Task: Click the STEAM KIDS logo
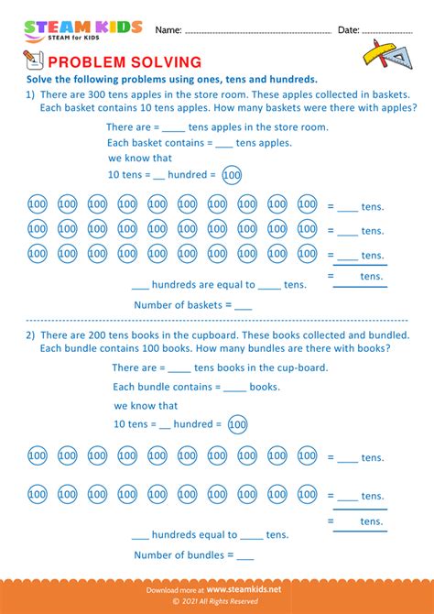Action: (x=83, y=30)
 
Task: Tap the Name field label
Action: (x=168, y=30)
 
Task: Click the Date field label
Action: (x=349, y=30)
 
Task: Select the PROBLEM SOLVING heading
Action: (x=125, y=62)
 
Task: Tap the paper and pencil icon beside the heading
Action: (x=31, y=60)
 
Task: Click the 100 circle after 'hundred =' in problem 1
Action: (x=232, y=175)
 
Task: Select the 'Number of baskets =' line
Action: (x=192, y=304)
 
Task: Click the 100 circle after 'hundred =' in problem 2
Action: (x=237, y=424)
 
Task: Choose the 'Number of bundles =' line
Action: (x=193, y=554)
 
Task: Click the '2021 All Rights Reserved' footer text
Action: (x=217, y=602)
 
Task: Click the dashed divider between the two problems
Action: (x=217, y=320)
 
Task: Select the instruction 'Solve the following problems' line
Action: (x=171, y=79)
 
